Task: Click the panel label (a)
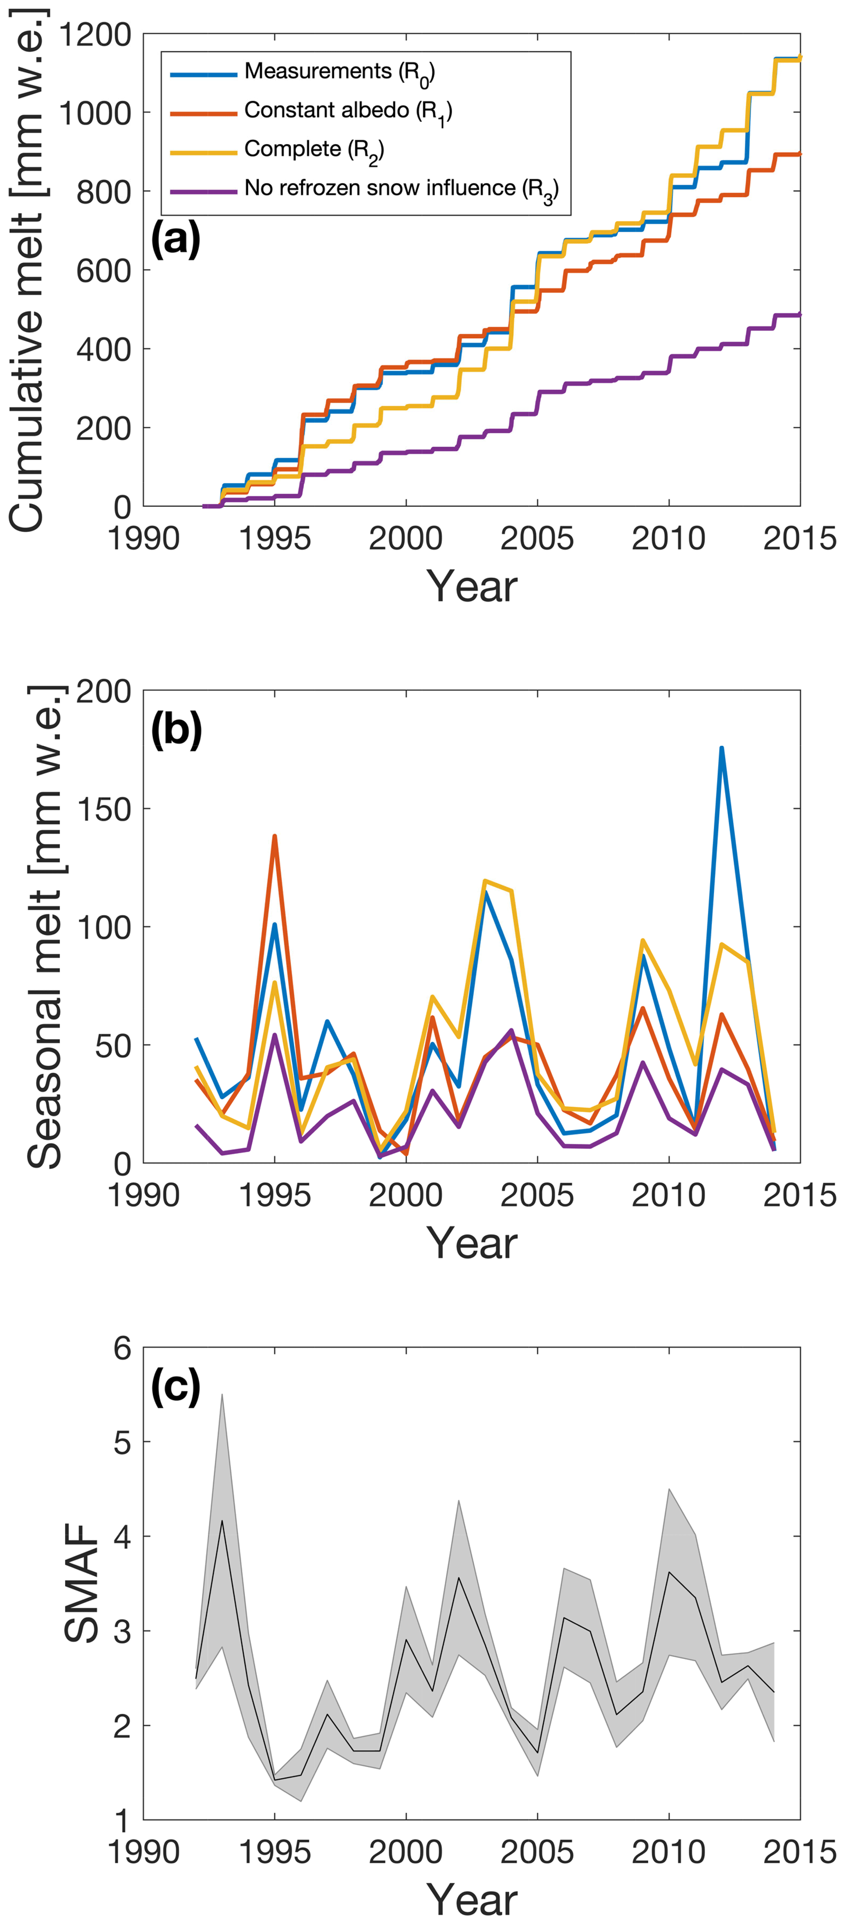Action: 175,240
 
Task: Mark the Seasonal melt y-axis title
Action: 45,926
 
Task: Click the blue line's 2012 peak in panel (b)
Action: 722,747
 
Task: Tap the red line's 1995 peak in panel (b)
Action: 275,837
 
